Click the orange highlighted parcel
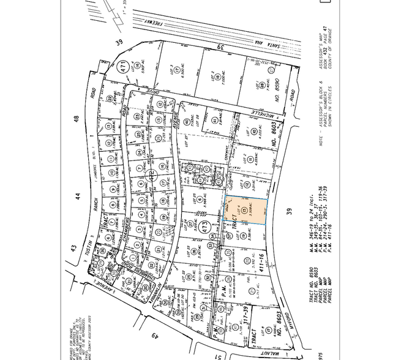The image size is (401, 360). click(248, 210)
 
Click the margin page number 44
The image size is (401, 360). click(78, 196)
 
